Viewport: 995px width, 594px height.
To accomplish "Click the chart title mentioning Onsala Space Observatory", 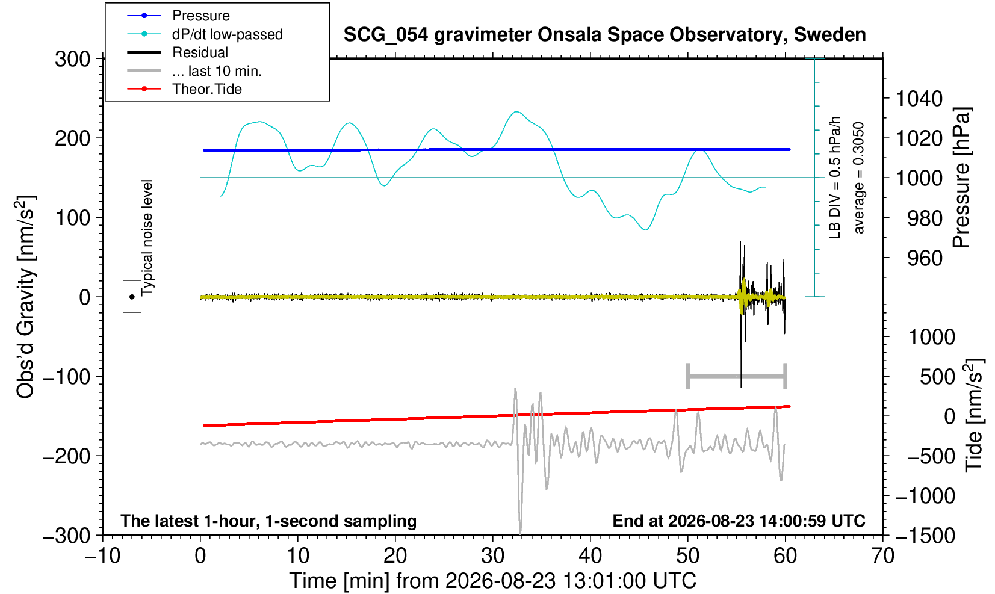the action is coord(604,35).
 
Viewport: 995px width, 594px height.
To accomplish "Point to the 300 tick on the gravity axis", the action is coord(73,59).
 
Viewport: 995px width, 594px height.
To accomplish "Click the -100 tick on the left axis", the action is coord(67,377).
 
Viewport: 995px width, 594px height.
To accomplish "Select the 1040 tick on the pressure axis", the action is coord(919,98).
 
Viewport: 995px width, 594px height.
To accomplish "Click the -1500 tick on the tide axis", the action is coord(925,536).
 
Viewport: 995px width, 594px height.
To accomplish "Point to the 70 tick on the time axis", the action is coord(882,555).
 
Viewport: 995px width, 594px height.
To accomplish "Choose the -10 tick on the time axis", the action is coord(102,555).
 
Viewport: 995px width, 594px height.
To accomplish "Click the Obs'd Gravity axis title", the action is coord(25,297).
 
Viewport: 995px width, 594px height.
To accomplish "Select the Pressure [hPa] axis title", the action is coord(962,178).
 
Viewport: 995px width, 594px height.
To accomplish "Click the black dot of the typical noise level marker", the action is coord(132,297).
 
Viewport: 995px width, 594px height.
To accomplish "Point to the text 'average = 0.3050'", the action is coord(859,178).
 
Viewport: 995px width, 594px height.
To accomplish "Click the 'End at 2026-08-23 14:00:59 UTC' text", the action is coord(739,521).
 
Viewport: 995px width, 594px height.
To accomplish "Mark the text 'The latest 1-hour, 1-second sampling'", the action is coord(268,521).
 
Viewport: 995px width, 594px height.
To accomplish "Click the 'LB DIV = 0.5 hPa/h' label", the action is coord(835,178).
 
